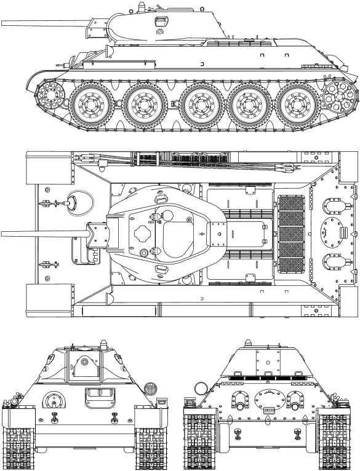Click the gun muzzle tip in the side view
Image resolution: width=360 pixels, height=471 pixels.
(x=2, y=25)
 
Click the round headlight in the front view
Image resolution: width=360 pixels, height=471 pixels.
(x=148, y=389)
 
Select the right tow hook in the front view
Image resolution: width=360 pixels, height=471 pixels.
(x=114, y=418)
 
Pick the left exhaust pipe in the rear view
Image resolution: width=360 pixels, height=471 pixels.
(x=238, y=401)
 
